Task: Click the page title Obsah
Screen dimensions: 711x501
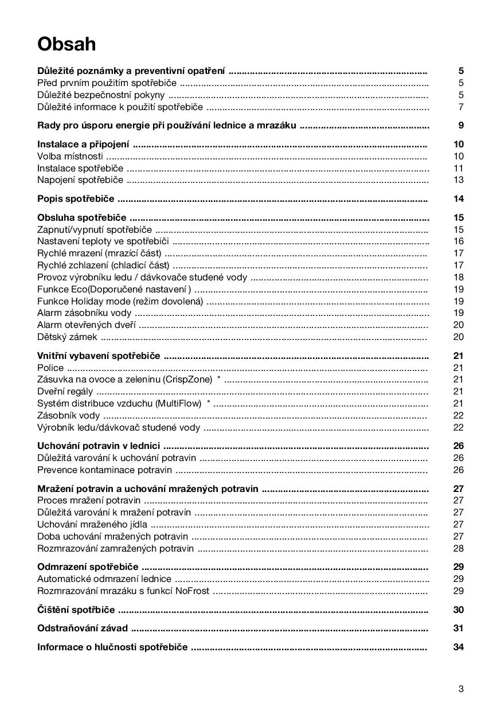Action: tap(66, 44)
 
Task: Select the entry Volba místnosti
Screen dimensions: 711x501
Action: tap(70, 156)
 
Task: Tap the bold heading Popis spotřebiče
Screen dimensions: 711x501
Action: tap(76, 199)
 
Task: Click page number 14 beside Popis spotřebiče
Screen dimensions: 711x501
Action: tap(458, 199)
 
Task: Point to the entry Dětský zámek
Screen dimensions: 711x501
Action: tap(67, 337)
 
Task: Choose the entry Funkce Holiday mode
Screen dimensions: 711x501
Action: tap(120, 301)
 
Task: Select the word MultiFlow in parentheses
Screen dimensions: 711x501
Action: tap(179, 404)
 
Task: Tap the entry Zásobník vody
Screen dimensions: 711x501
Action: tap(68, 416)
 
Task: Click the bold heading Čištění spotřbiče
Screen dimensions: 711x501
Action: tap(76, 610)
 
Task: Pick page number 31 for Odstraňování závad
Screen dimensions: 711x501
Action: tap(458, 628)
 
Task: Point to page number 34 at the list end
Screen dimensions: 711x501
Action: tap(458, 647)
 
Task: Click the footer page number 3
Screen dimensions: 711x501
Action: tap(461, 689)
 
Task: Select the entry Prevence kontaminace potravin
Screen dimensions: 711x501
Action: tap(104, 470)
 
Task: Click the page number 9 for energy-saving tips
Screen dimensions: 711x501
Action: tap(461, 126)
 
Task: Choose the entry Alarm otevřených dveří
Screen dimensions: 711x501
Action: tap(87, 325)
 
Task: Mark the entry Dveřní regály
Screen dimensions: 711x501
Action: tap(65, 392)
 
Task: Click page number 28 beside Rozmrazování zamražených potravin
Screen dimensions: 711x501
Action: tap(458, 549)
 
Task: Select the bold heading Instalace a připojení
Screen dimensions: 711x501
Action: tap(83, 144)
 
